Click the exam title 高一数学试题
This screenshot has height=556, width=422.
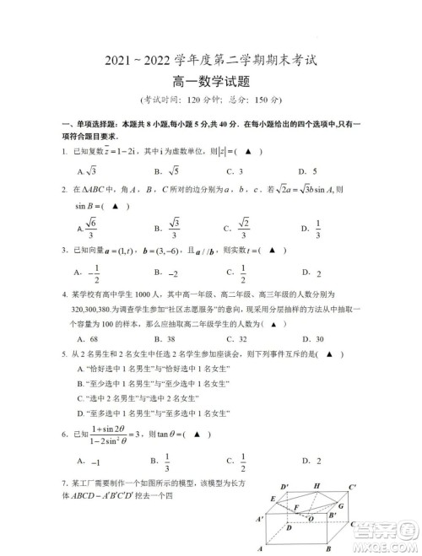tap(210, 82)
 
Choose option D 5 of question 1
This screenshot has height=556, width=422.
tap(313, 170)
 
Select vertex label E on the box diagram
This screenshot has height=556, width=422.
tap(273, 499)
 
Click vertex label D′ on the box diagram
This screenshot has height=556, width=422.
tap(286, 487)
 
